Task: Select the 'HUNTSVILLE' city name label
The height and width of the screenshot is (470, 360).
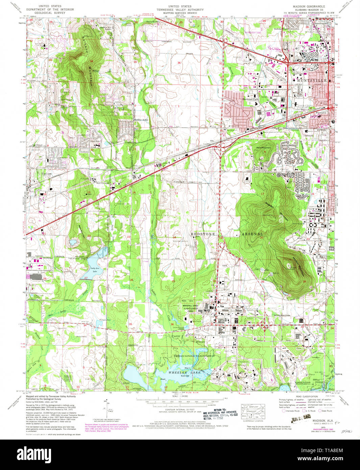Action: [x=313, y=80]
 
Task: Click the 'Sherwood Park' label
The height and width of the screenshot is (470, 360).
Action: [x=250, y=99]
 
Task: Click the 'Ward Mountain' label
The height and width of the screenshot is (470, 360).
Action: [x=264, y=148]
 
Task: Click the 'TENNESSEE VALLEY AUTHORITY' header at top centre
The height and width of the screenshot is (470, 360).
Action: [x=180, y=10]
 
